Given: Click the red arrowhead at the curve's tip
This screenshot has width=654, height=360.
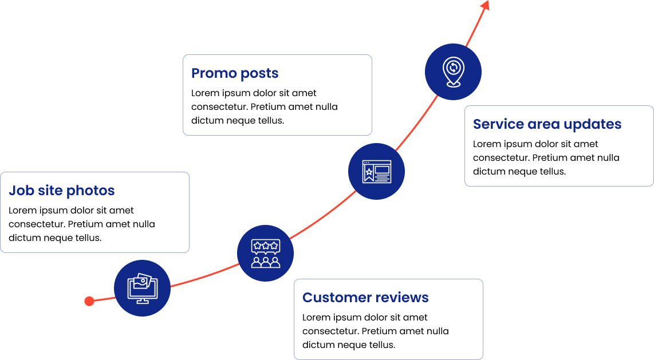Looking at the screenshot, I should pyautogui.click(x=486, y=5).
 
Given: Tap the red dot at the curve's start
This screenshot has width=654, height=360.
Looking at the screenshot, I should pyautogui.click(x=89, y=301).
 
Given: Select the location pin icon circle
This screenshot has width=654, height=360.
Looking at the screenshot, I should pyautogui.click(x=453, y=72).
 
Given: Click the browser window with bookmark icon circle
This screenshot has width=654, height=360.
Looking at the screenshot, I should pyautogui.click(x=376, y=172).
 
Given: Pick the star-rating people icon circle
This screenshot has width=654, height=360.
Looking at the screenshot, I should pyautogui.click(x=266, y=253).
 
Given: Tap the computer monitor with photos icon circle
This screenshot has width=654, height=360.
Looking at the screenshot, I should pyautogui.click(x=142, y=288).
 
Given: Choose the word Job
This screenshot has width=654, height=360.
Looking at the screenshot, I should pyautogui.click(x=21, y=191).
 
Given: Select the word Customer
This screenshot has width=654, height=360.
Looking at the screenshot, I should pyautogui.click(x=331, y=298).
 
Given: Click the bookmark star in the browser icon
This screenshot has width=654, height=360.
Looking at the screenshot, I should pyautogui.click(x=369, y=172).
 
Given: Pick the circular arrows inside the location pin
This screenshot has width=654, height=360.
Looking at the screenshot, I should pyautogui.click(x=453, y=67).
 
